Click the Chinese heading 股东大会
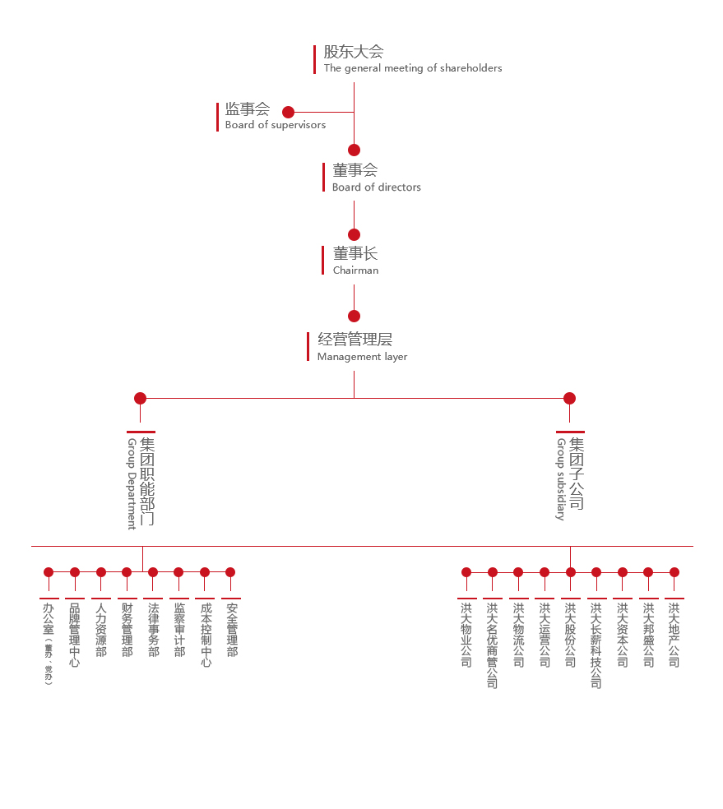[354, 52]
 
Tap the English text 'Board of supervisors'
[276, 125]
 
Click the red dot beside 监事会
[288, 112]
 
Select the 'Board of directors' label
[377, 187]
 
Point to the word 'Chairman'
[356, 270]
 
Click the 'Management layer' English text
[362, 357]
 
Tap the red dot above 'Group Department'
[140, 398]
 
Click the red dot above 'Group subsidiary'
[569, 398]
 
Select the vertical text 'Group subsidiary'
[561, 479]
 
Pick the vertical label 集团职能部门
[147, 482]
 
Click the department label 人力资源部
[101, 630]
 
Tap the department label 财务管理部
[127, 630]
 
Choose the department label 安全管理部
[231, 630]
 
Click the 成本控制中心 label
[205, 635]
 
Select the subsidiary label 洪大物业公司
[466, 635]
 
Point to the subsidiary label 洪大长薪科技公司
[596, 645]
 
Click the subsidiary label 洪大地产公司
[674, 635]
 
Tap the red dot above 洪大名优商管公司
[493, 572]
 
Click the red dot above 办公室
[49, 572]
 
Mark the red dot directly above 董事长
[354, 234]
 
